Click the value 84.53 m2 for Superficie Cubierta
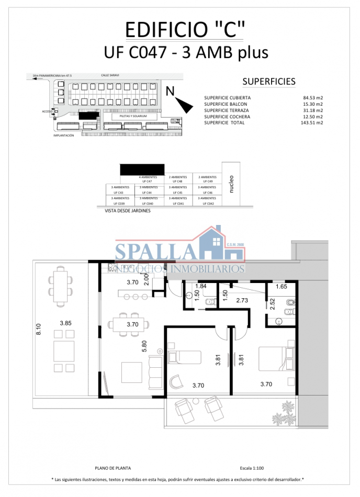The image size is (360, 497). (x=312, y=98)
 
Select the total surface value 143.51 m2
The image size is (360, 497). (x=311, y=123)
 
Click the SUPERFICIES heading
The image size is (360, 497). (x=269, y=82)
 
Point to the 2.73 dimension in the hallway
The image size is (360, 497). (x=242, y=300)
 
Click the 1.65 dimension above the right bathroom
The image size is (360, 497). (x=281, y=287)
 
